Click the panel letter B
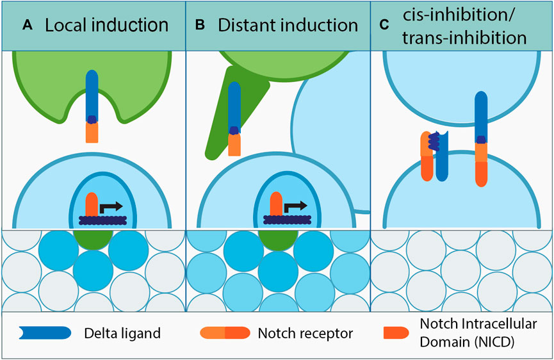pyautogui.click(x=199, y=25)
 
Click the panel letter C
pyautogui.click(x=384, y=25)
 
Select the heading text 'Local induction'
pyautogui.click(x=106, y=25)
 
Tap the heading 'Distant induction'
pyautogui.click(x=288, y=25)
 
